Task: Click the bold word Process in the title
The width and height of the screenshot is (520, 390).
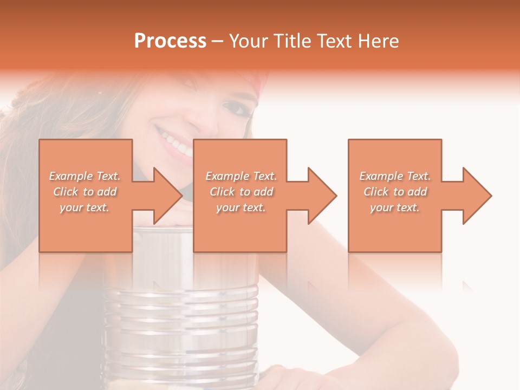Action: click(170, 41)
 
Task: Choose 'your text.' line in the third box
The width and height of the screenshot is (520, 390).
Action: click(395, 207)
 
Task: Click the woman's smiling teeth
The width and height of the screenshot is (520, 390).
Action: click(175, 142)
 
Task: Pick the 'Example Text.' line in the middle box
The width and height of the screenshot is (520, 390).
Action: click(241, 176)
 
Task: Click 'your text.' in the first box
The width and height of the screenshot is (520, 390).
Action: click(84, 207)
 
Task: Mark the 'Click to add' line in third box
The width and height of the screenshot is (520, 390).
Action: click(395, 192)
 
